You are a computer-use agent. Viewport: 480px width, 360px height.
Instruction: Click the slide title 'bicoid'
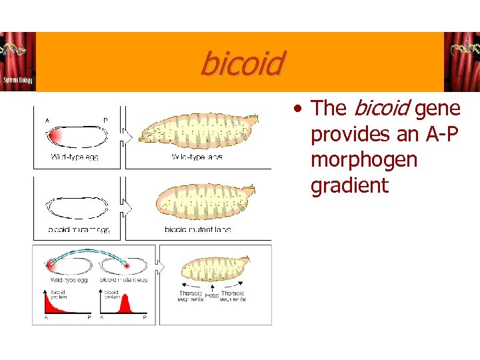241,64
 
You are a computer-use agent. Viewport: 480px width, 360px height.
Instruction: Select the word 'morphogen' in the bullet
364,160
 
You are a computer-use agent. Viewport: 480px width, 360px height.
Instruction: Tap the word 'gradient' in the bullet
349,185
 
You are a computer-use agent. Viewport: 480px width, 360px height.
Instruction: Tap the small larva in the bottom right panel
212,269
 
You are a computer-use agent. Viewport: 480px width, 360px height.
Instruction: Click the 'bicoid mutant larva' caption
198,229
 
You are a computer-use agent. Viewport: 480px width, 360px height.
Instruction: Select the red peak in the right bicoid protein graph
124,305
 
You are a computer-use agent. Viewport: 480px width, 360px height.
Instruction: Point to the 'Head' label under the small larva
212,295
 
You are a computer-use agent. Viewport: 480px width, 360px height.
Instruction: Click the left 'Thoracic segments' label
191,296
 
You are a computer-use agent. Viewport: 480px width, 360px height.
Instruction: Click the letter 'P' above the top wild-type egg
105,121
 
